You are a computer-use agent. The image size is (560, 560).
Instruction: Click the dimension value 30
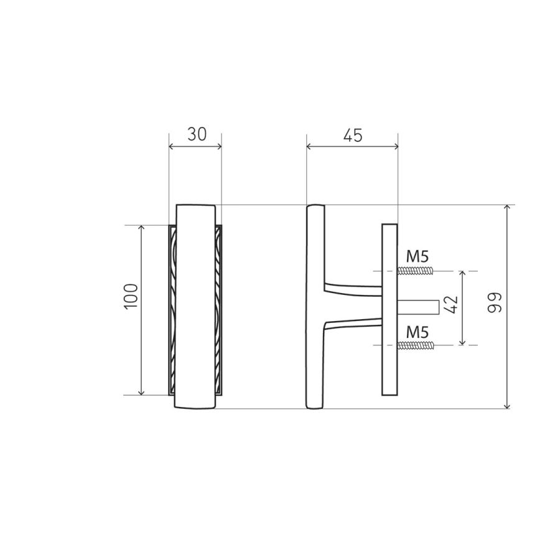(x=197, y=134)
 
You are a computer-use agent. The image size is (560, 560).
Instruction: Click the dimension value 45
(x=353, y=136)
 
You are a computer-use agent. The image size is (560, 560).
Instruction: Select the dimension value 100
(x=131, y=296)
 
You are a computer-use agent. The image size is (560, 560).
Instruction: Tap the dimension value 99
(x=495, y=303)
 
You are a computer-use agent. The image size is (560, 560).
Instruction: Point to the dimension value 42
(x=452, y=305)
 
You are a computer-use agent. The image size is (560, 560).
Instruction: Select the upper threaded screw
(x=416, y=271)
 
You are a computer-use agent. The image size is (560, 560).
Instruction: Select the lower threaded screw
(x=416, y=345)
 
